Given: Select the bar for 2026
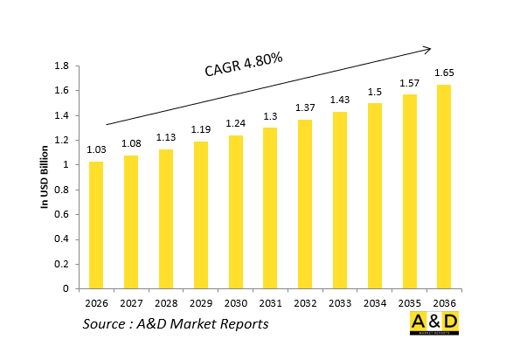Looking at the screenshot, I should [95, 225].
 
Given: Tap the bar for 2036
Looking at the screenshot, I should [444, 186].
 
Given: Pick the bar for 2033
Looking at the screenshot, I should [339, 200].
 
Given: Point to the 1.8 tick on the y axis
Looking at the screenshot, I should [62, 66].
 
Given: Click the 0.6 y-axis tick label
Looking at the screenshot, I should [62, 214].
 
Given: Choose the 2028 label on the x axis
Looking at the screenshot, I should [165, 302].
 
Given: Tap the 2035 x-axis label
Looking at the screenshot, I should [409, 302].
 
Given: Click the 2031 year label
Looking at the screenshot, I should [270, 302].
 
